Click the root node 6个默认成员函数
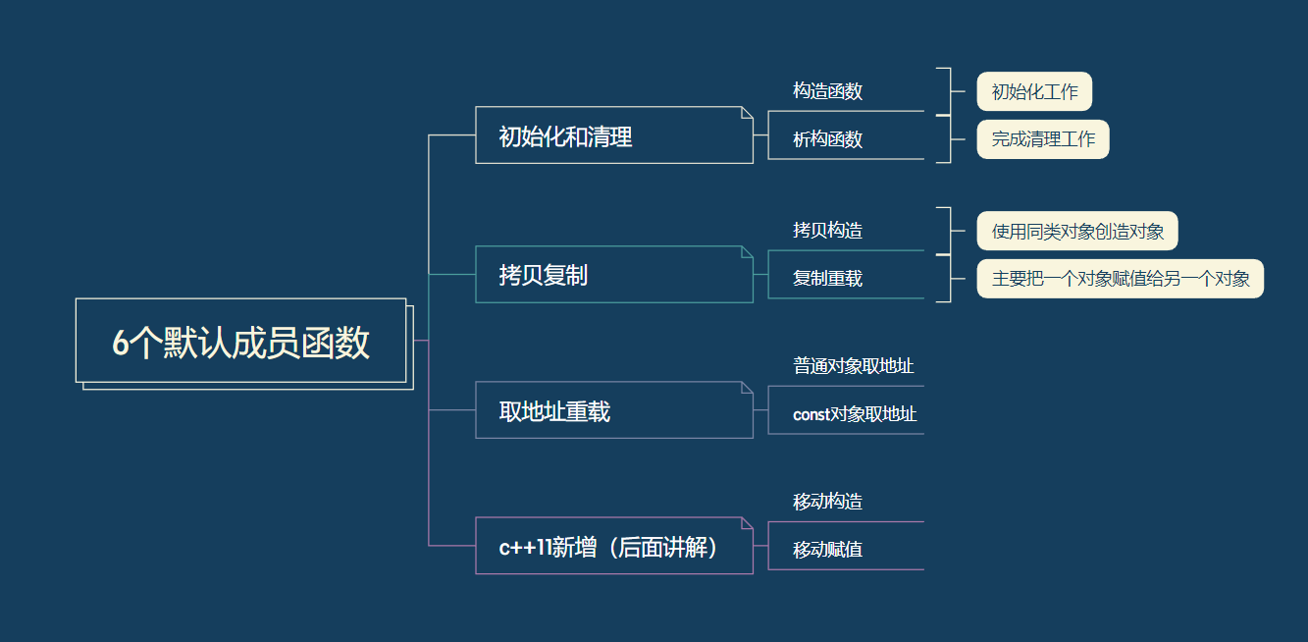click(x=240, y=342)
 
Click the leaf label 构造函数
click(x=827, y=91)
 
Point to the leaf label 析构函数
click(x=827, y=139)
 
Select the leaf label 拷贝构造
click(x=827, y=231)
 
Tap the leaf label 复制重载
click(x=827, y=279)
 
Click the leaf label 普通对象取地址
click(x=854, y=366)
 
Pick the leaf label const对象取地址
click(x=855, y=414)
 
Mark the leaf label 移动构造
click(x=827, y=502)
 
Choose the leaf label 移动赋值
click(x=827, y=550)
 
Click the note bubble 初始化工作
click(x=1034, y=92)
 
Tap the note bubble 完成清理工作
click(x=1043, y=139)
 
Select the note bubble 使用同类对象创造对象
click(x=1077, y=232)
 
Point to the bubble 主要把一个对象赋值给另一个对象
click(x=1121, y=279)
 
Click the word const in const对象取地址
click(x=811, y=415)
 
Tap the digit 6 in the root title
click(x=121, y=343)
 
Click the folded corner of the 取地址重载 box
click(x=747, y=388)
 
